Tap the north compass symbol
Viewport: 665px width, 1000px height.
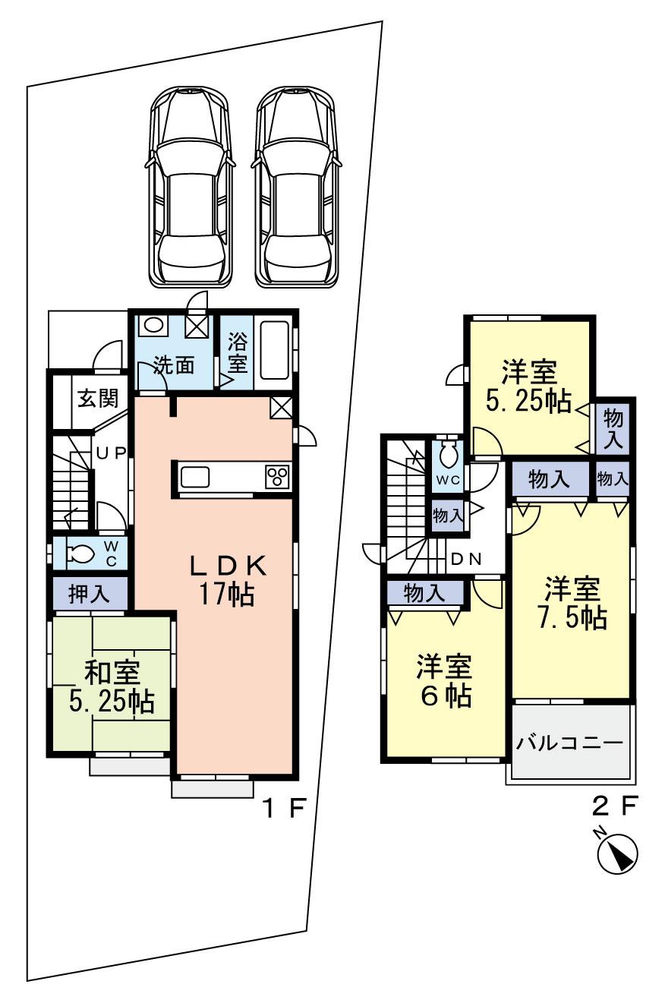tap(616, 853)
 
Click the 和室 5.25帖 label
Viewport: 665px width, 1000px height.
tap(112, 686)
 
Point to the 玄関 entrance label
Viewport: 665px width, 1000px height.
tap(96, 397)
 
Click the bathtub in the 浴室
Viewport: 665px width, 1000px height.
tap(274, 349)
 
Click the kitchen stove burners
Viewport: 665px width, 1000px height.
tap(276, 477)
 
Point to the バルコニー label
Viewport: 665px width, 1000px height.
tap(569, 742)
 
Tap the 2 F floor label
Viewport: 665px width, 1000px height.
tap(613, 804)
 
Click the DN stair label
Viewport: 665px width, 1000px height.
tap(466, 559)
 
